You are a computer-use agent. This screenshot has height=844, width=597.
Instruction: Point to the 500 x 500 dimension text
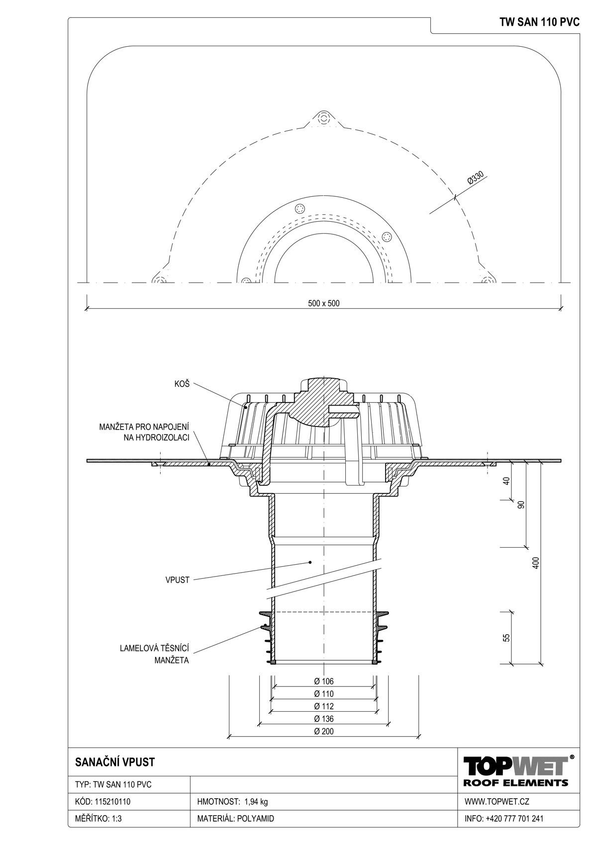coord(323,303)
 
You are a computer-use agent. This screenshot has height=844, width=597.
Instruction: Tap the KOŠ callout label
coord(182,384)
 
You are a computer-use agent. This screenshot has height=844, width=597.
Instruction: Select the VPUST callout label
coord(177,580)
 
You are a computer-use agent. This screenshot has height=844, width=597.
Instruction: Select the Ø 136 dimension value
coord(323,719)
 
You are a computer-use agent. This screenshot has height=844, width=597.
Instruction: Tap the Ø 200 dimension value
coord(323,731)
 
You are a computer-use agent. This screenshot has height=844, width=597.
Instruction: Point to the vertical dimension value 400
coord(537,563)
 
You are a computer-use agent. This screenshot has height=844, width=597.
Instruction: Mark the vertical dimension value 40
coord(506,481)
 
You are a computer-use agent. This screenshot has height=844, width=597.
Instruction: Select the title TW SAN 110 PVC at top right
coord(539,22)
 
